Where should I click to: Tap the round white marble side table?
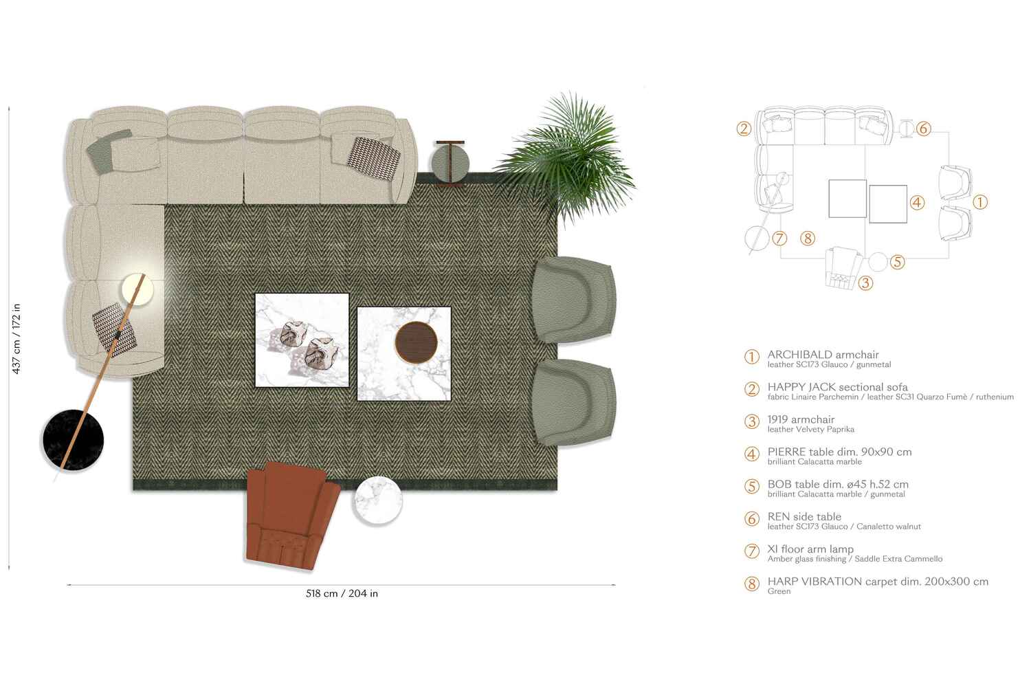pyautogui.click(x=376, y=500)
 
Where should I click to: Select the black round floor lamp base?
pyautogui.click(x=73, y=439)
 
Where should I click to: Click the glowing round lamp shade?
pyautogui.click(x=137, y=289)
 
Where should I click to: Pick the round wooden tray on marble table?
pyautogui.click(x=416, y=341)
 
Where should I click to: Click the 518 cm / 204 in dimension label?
pyautogui.click(x=342, y=593)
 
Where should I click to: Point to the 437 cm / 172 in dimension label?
pyautogui.click(x=16, y=338)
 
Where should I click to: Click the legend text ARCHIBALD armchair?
pyautogui.click(x=823, y=355)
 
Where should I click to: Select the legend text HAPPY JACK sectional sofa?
pyautogui.click(x=837, y=387)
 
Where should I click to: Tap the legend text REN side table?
pyautogui.click(x=804, y=516)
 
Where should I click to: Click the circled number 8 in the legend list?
pyautogui.click(x=752, y=584)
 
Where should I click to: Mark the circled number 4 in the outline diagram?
pyautogui.click(x=917, y=202)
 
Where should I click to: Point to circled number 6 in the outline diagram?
pyautogui.click(x=923, y=129)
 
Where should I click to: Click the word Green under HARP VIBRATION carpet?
pyautogui.click(x=779, y=591)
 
